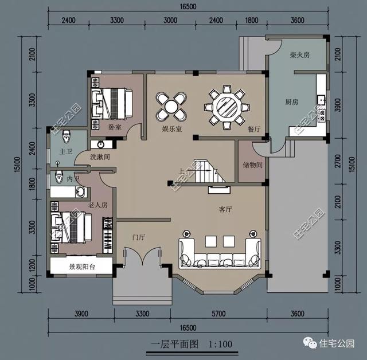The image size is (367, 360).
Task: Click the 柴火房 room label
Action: point(300,56)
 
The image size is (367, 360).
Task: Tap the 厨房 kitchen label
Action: point(292,102)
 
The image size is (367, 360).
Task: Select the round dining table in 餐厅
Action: point(225,105)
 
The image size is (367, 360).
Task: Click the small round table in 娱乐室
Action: point(171,106)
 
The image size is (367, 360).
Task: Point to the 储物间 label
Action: point(252,166)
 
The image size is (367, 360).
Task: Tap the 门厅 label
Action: point(138,237)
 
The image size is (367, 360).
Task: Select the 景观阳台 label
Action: point(81,267)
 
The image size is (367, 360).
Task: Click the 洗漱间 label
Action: point(99,156)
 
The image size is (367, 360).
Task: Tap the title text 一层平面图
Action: point(174,345)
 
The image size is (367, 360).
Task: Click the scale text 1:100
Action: point(220,345)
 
